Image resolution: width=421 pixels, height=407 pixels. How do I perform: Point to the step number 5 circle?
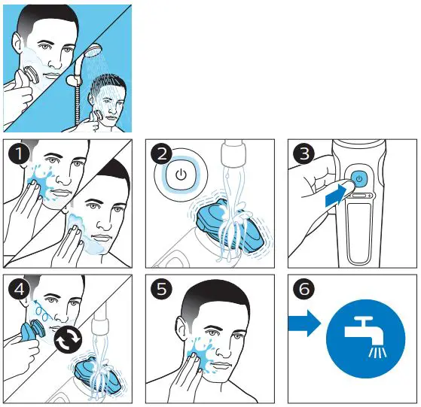(x=160, y=290)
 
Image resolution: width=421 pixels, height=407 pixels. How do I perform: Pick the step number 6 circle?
(x=303, y=290)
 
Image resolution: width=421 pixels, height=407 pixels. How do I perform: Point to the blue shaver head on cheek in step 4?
(x=32, y=330)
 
